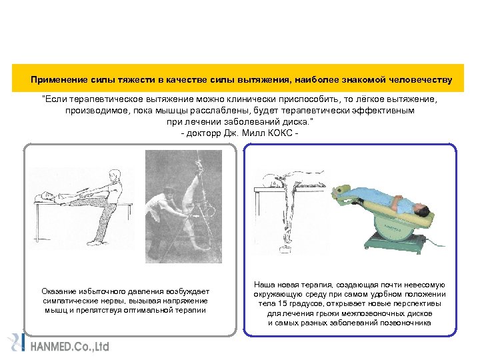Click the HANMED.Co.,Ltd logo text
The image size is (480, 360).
click(70, 346)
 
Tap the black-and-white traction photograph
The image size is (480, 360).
click(184, 206)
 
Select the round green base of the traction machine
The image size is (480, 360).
click(393, 228)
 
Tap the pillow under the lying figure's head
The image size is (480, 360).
click(41, 199)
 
